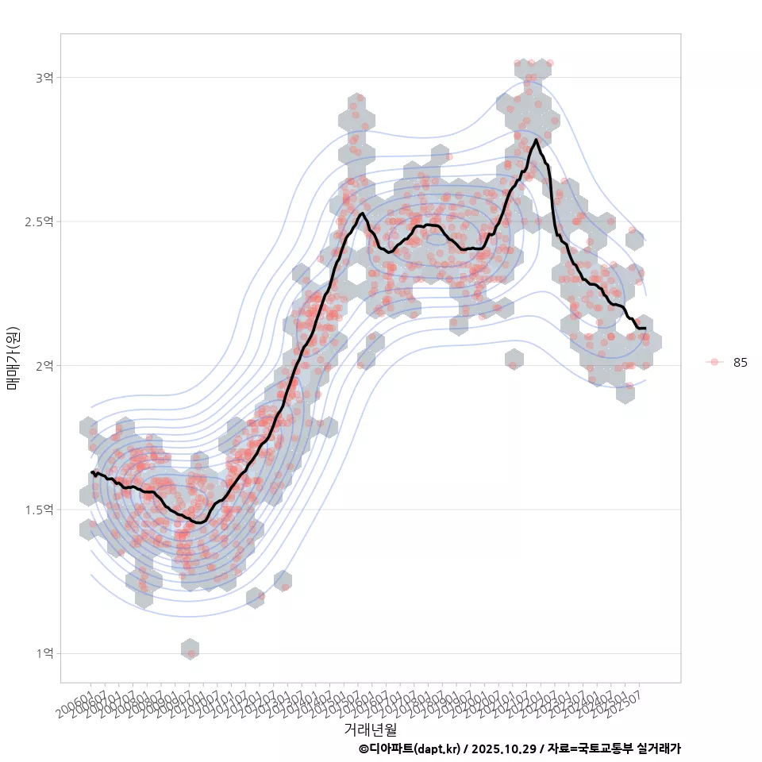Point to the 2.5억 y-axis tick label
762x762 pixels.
tap(40, 221)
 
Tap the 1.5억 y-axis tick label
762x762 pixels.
tap(40, 510)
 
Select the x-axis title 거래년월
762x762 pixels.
tap(370, 729)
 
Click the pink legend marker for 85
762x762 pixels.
tap(714, 362)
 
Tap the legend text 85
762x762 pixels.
tap(741, 363)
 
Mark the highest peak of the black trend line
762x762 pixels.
tap(537, 140)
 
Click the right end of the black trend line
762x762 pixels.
tap(645, 328)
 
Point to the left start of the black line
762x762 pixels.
tap(92, 472)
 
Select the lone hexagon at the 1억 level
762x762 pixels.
tap(190, 649)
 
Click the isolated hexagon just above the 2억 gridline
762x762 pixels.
tap(514, 360)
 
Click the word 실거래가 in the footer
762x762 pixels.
tap(659, 749)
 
